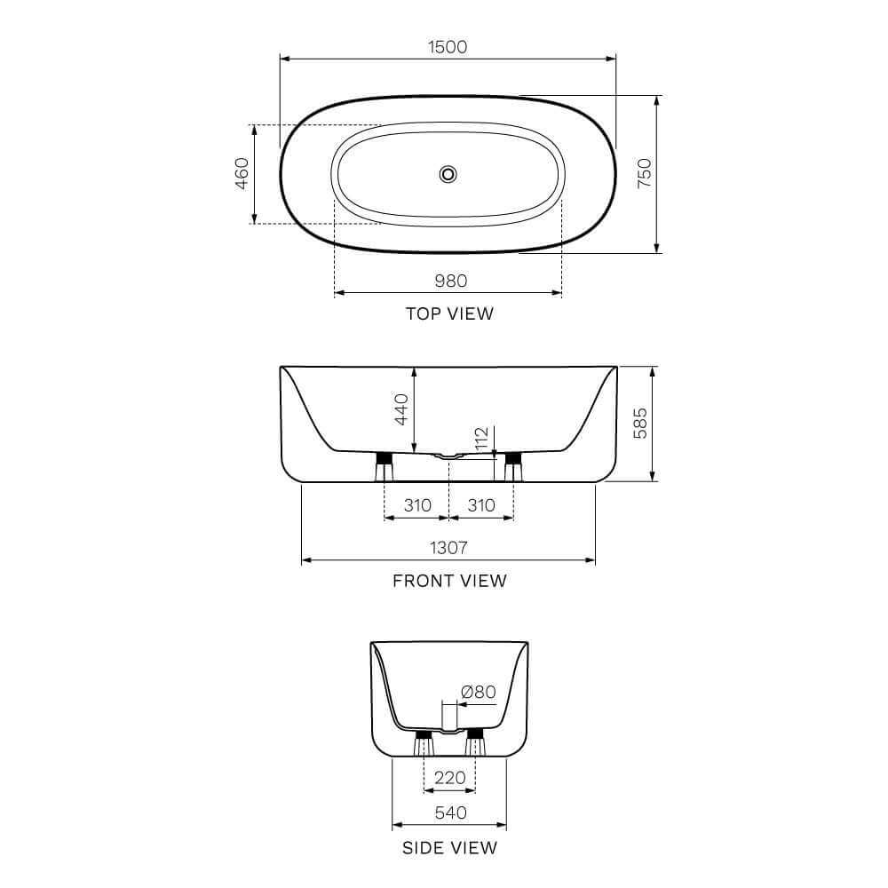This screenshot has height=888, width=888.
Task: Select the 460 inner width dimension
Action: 241,174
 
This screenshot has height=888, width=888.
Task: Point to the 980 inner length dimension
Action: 449,281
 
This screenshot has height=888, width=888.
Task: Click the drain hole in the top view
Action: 448,173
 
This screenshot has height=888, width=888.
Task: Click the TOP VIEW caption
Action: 449,313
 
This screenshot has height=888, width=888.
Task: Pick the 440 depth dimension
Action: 401,409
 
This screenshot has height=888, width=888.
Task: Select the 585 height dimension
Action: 639,424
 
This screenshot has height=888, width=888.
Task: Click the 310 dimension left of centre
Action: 416,505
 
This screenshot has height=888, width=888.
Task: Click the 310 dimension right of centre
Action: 480,505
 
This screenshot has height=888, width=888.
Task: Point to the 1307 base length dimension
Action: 449,548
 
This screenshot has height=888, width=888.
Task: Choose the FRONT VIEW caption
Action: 449,581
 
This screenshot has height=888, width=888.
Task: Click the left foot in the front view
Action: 385,464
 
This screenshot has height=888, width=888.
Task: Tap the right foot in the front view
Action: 512,464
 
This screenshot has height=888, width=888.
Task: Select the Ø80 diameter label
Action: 478,692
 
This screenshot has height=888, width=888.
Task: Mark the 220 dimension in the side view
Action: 449,778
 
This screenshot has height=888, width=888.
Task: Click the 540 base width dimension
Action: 449,812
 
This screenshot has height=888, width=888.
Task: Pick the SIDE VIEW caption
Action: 449,848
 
